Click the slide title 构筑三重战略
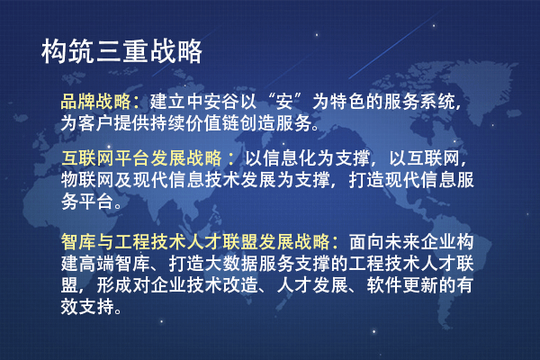click(x=121, y=51)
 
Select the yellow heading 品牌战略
click(x=95, y=102)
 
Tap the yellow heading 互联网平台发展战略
click(x=141, y=158)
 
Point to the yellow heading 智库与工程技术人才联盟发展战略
click(x=195, y=242)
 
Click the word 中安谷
click(x=212, y=102)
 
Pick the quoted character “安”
click(x=284, y=102)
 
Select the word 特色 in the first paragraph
click(x=347, y=102)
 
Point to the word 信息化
click(x=290, y=158)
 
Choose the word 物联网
click(x=87, y=179)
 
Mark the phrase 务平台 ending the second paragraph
click(x=87, y=201)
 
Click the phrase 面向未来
click(x=384, y=242)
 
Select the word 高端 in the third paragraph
click(x=96, y=263)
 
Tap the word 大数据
click(x=231, y=263)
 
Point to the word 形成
click(x=114, y=285)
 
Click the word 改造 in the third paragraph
click(x=240, y=285)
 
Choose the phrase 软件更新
click(x=401, y=285)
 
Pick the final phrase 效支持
click(x=87, y=306)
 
